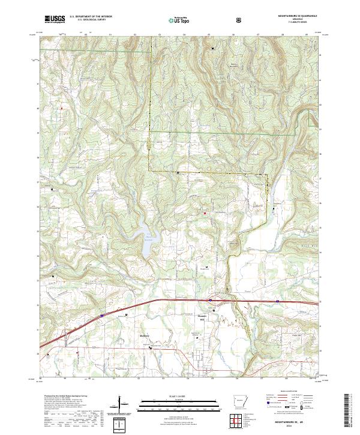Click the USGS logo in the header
coord(54,19)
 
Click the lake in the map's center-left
coord(146,241)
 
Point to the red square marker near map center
coord(205,212)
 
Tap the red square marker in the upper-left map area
coord(61,108)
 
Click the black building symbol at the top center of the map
coord(213,48)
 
